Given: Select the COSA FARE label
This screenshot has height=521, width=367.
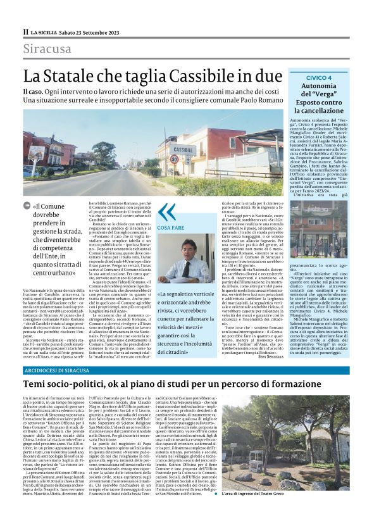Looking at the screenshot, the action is (170, 227).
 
